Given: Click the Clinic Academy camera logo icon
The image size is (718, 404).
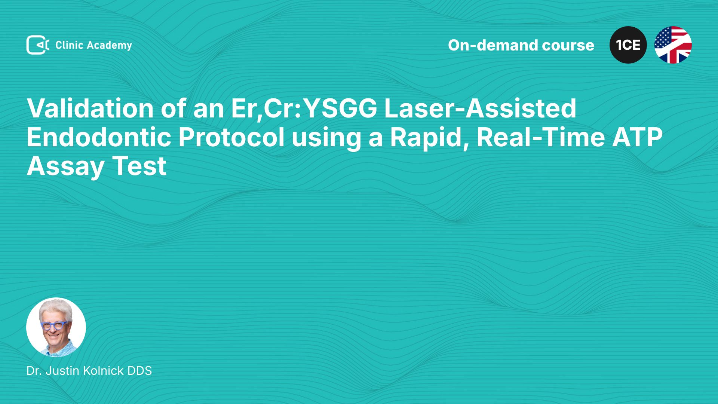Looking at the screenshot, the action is tap(38, 45).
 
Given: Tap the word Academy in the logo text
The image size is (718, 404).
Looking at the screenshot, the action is tap(109, 46).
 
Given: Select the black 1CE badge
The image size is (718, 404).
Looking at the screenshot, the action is tap(628, 45).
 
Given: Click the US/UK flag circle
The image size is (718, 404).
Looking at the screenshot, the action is tap(673, 45).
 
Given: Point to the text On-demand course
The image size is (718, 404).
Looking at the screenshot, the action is tap(521, 45).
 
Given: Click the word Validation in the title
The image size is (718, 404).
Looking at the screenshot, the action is tap(90, 108).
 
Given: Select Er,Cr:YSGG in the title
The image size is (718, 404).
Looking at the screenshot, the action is tap(304, 109).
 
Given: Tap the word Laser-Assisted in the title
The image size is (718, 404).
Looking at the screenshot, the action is tap(480, 108).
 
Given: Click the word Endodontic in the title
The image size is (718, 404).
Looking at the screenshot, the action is tap(99, 137).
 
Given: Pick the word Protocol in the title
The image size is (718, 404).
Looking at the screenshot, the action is tap(231, 137).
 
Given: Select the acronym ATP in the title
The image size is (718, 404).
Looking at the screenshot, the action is tap(637, 137).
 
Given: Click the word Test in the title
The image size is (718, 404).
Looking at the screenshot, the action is tap(139, 166).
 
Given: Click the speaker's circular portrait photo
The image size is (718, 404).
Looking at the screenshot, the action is tap(56, 327).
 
